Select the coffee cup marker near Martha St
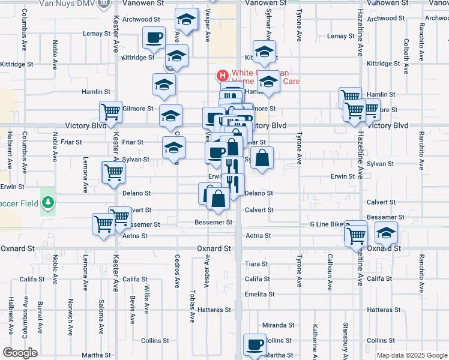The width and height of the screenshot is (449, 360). click(255, 345)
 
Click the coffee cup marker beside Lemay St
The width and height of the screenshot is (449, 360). click(153, 38)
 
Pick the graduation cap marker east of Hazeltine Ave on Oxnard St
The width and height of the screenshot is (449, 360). click(386, 233)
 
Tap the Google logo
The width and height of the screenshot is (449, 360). click(20, 353)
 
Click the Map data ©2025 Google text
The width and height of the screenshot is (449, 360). click(411, 355)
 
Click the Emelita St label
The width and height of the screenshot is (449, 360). click(259, 294)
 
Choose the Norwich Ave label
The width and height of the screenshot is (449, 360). click(71, 312)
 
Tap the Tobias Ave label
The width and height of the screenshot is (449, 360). click(192, 308)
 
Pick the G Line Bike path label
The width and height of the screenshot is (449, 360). click(328, 224)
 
